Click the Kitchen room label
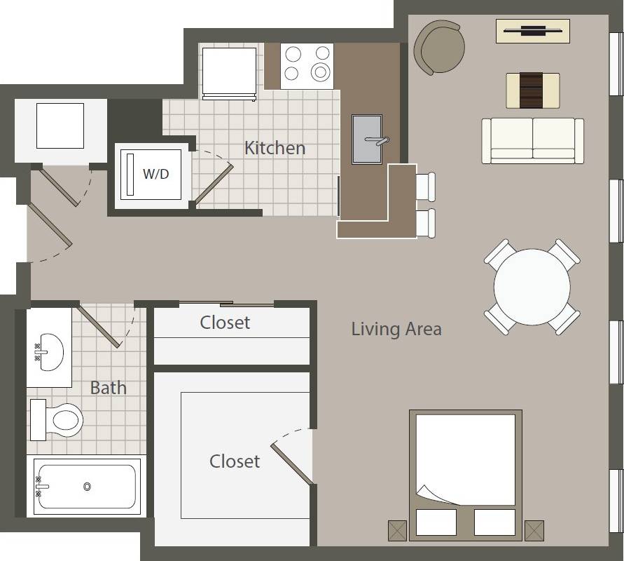click(275, 148)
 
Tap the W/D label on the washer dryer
click(156, 173)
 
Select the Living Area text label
click(396, 328)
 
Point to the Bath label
click(109, 387)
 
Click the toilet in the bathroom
click(59, 419)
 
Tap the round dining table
click(532, 288)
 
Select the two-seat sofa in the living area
click(533, 140)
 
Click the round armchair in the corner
click(439, 47)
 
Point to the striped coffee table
click(533, 90)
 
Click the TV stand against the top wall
click(533, 31)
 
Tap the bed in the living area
click(466, 470)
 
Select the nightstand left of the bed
click(397, 530)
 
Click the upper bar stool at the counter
click(425, 187)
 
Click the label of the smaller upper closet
click(225, 322)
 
